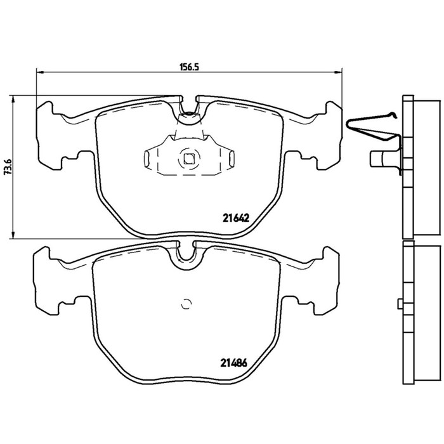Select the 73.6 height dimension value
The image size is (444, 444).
click(x=8, y=167)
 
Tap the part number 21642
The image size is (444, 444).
click(x=235, y=218)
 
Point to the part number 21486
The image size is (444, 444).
click(x=233, y=363)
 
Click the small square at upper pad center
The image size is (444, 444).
click(x=188, y=159)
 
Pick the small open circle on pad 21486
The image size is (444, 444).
click(x=186, y=304)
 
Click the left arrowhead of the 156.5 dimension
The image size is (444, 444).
click(x=40, y=73)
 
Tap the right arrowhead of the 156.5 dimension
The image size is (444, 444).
click(x=339, y=73)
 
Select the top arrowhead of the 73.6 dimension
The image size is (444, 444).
click(x=13, y=99)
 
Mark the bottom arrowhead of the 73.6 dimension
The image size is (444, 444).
click(x=13, y=235)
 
